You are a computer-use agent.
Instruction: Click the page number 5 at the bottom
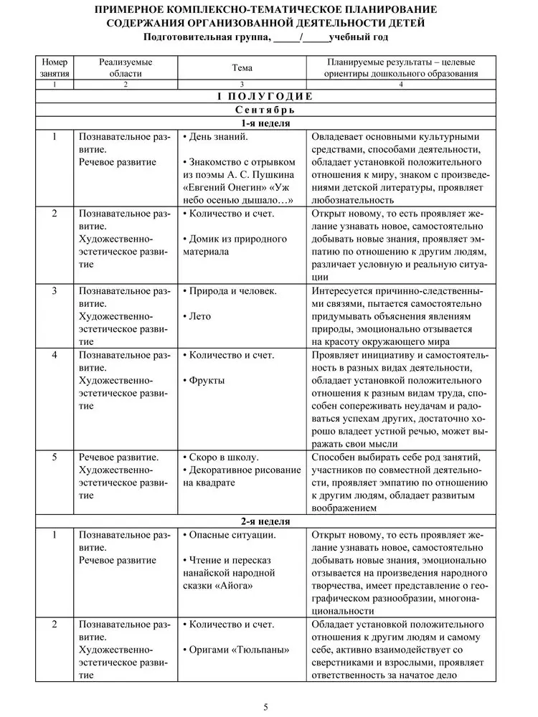click(x=266, y=708)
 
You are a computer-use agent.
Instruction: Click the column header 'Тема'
click(x=242, y=67)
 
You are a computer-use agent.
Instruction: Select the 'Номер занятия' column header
click(x=55, y=67)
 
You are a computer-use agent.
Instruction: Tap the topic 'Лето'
click(x=202, y=315)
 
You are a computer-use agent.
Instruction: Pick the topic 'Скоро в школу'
click(x=222, y=457)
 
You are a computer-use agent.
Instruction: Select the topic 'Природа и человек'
click(x=230, y=291)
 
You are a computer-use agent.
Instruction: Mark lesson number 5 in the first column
click(x=55, y=457)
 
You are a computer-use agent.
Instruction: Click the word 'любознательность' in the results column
click(x=354, y=200)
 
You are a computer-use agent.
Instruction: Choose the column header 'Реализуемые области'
click(x=126, y=67)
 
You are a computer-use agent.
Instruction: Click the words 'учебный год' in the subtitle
click(x=362, y=37)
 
